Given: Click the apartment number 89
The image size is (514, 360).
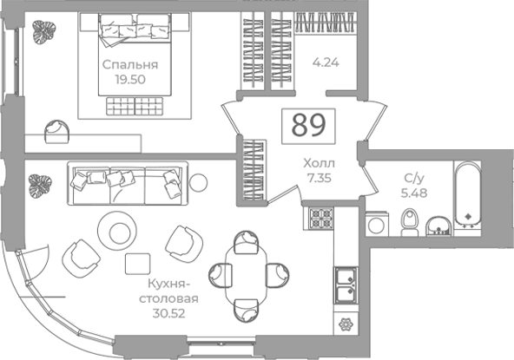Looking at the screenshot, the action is pos(309,126).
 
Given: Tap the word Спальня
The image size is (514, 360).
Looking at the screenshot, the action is pos(130,65).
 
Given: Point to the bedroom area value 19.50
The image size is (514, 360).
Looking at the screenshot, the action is pos(130,80).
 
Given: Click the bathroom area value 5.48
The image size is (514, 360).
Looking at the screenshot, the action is pos(414,193).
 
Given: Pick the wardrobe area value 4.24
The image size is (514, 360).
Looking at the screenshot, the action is pos(326,62).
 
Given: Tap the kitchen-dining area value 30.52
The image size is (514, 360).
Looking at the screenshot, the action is pos(168,313).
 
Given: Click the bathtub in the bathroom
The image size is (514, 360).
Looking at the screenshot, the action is pos(468,195).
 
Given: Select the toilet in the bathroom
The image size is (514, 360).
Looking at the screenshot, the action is pos(410,222).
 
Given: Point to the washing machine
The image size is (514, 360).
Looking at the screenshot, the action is pos(377,224).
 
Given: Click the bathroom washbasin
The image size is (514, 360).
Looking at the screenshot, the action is pos(438,226).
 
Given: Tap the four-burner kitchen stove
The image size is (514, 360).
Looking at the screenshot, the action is pos(322,218).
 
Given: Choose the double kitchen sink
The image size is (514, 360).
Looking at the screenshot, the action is pos(346,285).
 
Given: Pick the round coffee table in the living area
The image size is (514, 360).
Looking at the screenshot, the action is pos(118,231).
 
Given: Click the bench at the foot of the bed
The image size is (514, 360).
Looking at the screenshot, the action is pos(135,106).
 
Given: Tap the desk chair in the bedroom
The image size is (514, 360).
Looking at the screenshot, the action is pos(57,132).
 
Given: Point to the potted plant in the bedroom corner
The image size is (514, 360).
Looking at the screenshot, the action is pos(43,32).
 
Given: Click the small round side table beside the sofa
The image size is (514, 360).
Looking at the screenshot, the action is pos(198,182).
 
